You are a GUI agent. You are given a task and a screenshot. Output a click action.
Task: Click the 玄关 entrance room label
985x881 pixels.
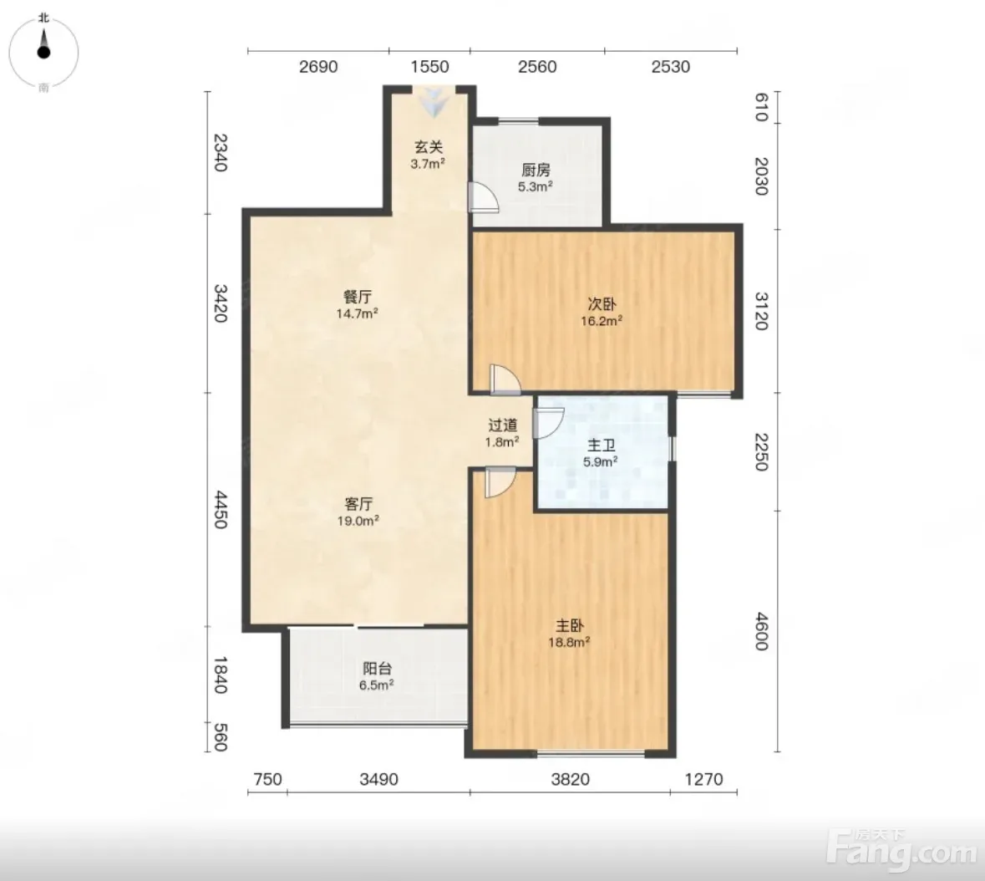pyautogui.click(x=429, y=147)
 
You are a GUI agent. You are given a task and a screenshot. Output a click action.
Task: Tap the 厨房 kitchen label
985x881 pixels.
pyautogui.click(x=536, y=170)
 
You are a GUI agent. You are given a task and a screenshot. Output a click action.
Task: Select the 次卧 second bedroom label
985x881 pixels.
pyautogui.click(x=602, y=304)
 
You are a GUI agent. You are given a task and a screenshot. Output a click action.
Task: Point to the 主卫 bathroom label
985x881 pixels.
pyautogui.click(x=602, y=446)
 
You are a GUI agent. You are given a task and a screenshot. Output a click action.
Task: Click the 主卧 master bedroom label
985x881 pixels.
pyautogui.click(x=570, y=626)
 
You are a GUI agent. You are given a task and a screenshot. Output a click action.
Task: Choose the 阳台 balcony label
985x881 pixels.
pyautogui.click(x=377, y=669)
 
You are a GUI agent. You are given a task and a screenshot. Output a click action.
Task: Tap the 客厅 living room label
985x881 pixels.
pyautogui.click(x=358, y=504)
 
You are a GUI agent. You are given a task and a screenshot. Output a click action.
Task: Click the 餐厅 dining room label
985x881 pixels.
pyautogui.click(x=358, y=297)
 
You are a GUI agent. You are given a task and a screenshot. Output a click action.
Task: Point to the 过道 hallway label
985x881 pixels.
pyautogui.click(x=503, y=425)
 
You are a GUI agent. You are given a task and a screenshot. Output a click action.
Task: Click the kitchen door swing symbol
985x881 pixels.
pyautogui.click(x=483, y=196)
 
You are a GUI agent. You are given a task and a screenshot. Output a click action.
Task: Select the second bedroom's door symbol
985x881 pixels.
pyautogui.click(x=505, y=379)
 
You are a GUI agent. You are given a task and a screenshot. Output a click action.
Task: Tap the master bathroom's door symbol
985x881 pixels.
pyautogui.click(x=548, y=423)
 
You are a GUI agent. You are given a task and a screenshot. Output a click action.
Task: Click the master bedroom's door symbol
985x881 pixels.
pyautogui.click(x=500, y=482)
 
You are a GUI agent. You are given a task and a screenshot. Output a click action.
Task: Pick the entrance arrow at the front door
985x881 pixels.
pyautogui.click(x=434, y=103)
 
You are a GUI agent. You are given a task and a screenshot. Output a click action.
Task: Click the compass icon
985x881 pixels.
pyautogui.click(x=43, y=52)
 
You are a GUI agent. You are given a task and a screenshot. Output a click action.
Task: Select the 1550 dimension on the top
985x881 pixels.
pyautogui.click(x=429, y=67)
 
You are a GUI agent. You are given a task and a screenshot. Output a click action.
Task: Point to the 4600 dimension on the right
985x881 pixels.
pyautogui.click(x=761, y=632)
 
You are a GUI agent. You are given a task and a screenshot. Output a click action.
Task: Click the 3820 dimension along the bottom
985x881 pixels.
pyautogui.click(x=571, y=779)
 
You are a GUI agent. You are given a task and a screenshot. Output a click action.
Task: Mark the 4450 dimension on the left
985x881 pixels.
pyautogui.click(x=221, y=510)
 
